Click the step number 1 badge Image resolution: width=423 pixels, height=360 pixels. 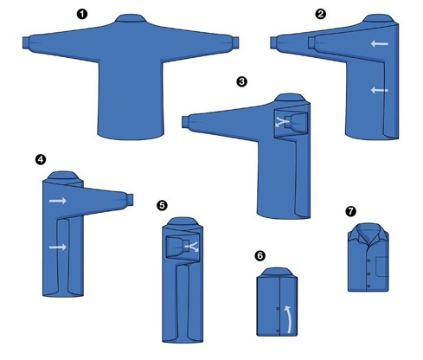(x=82, y=14)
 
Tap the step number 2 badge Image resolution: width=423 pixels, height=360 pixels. (x=321, y=14)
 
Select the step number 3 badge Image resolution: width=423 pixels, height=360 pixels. (x=241, y=81)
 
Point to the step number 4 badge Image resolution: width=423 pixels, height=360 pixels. (x=41, y=159)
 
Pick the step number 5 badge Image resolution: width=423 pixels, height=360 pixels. (x=162, y=205)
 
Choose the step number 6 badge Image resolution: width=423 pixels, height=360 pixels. (x=260, y=255)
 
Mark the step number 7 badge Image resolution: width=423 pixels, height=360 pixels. (x=350, y=211)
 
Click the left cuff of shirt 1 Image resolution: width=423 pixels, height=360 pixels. (x=26, y=43)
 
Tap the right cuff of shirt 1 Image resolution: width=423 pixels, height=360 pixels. (x=235, y=42)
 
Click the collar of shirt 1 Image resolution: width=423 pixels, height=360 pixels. (x=131, y=18)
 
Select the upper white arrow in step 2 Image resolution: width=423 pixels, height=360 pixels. (x=380, y=44)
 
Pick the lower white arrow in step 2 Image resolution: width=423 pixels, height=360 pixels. (x=380, y=90)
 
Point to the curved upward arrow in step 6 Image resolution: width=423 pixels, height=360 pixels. (x=289, y=319)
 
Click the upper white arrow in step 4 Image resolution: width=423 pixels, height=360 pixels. (x=58, y=201)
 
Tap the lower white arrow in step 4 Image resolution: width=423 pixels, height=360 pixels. (x=58, y=247)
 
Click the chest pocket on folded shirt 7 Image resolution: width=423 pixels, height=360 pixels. (x=382, y=267)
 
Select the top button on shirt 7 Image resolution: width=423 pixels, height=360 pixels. (x=369, y=260)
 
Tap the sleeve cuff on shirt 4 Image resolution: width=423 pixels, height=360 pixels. (x=130, y=200)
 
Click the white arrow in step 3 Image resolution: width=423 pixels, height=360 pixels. (x=282, y=122)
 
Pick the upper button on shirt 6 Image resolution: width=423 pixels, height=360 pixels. (x=278, y=309)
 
